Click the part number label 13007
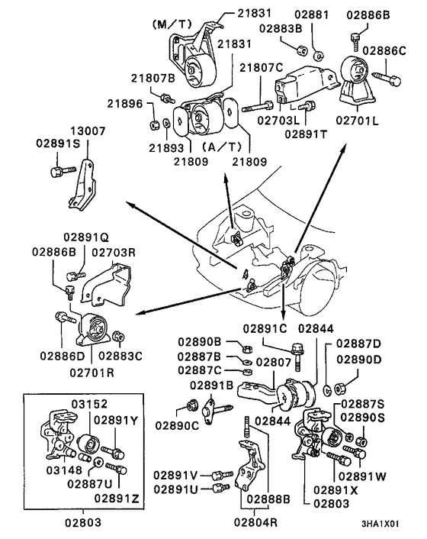click(x=88, y=131)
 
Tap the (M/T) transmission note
click(x=172, y=24)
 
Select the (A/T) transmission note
click(x=222, y=147)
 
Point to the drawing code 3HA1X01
click(x=380, y=524)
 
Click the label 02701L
click(x=357, y=121)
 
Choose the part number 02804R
click(x=255, y=522)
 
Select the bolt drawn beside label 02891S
click(x=63, y=171)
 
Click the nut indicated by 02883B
click(x=302, y=50)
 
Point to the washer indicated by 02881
click(x=319, y=55)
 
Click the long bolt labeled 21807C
click(x=258, y=106)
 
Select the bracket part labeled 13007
click(x=82, y=186)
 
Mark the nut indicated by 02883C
click(x=119, y=336)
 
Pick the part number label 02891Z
click(x=117, y=498)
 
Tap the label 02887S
click(x=363, y=404)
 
